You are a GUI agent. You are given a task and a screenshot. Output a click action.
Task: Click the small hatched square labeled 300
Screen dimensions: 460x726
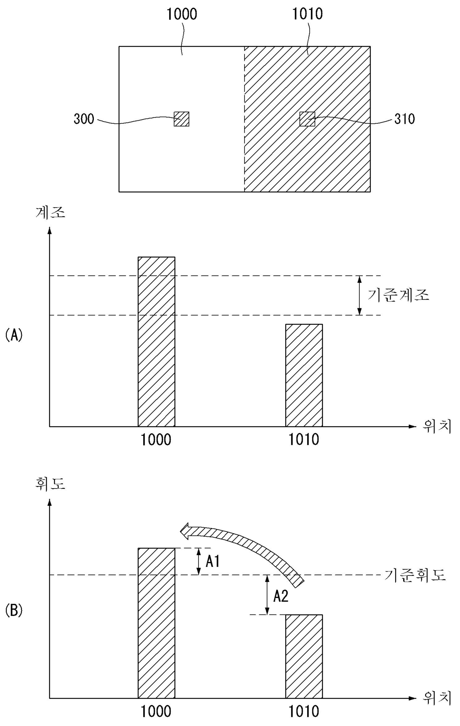pyautogui.click(x=181, y=119)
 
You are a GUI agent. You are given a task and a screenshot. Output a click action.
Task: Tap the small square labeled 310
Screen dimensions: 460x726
pyautogui.click(x=307, y=119)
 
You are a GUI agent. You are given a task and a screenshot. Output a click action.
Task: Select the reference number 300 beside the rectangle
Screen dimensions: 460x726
pyautogui.click(x=84, y=119)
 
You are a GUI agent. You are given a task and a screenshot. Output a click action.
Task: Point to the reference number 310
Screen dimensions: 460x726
pyautogui.click(x=404, y=119)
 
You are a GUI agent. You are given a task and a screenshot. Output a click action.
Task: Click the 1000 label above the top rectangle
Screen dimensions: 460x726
pyautogui.click(x=181, y=14)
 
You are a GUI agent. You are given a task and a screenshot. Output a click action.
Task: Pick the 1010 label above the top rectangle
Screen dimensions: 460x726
pyautogui.click(x=307, y=14)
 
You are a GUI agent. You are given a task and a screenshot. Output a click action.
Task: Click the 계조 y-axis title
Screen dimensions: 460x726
pyautogui.click(x=50, y=212)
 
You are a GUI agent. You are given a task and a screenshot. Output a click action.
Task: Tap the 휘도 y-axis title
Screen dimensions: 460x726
pyautogui.click(x=50, y=484)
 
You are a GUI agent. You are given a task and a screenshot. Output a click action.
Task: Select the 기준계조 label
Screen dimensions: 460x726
pyautogui.click(x=398, y=295)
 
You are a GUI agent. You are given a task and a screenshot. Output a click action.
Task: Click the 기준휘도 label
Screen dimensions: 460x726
pyautogui.click(x=415, y=575)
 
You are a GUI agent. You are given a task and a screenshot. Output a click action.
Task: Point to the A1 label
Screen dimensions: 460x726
pyautogui.click(x=213, y=562)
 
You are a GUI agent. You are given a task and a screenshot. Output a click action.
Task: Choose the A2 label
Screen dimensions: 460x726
pyautogui.click(x=281, y=596)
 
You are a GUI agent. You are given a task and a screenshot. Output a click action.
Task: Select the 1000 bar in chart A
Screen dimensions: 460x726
pyautogui.click(x=156, y=342)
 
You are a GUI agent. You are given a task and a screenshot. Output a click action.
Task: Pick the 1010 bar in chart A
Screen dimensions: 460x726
pyautogui.click(x=304, y=375)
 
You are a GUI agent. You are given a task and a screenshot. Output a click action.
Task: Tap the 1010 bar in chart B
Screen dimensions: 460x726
pyautogui.click(x=304, y=657)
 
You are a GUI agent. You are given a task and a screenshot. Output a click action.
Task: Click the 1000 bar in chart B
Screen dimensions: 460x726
pyautogui.click(x=156, y=623)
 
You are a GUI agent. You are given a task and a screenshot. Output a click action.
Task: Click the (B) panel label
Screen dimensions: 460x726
pyautogui.click(x=14, y=611)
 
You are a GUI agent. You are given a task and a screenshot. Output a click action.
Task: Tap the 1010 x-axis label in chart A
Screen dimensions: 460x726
pyautogui.click(x=304, y=440)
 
